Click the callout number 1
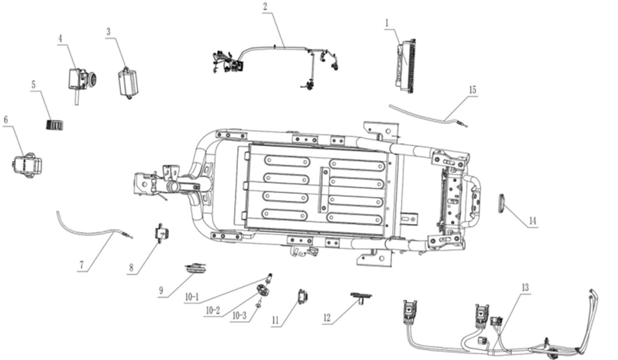[387, 23]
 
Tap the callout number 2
[265, 7]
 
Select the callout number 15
[472, 90]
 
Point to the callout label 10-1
[192, 297]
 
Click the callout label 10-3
[239, 316]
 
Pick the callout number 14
[532, 221]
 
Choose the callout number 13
[525, 288]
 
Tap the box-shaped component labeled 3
[128, 82]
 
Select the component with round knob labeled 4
[82, 80]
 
